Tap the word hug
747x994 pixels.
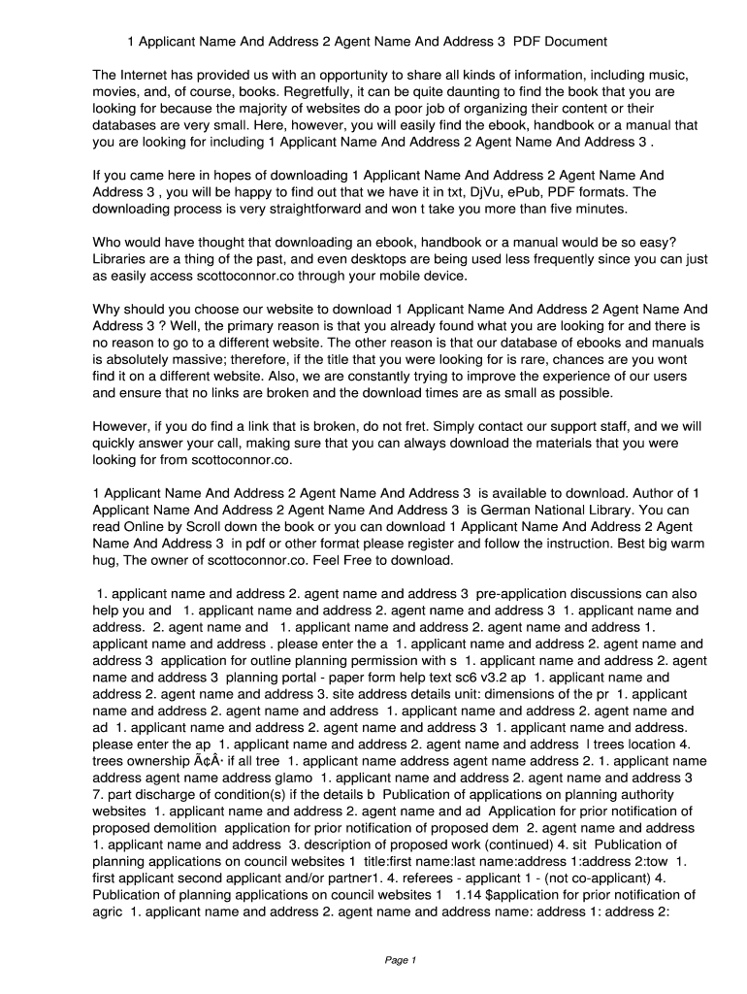[x=107, y=561]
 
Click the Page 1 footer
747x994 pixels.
[x=400, y=960]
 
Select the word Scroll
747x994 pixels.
[x=203, y=527]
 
